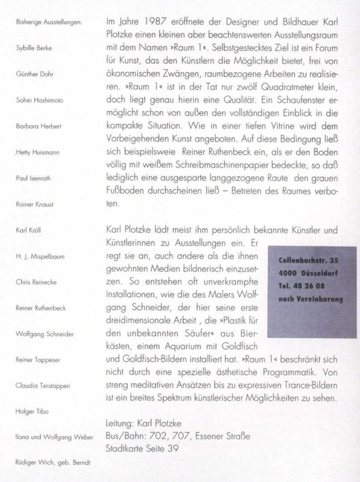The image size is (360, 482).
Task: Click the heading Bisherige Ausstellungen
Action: pyautogui.click(x=49, y=22)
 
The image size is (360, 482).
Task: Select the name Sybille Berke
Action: pyautogui.click(x=33, y=48)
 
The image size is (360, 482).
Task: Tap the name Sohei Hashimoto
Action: pyautogui.click(x=39, y=100)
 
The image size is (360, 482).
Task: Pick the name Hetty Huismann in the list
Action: pyautogui.click(x=38, y=152)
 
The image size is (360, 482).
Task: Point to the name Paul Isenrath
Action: pyautogui.click(x=33, y=178)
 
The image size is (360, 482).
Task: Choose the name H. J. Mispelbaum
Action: pyautogui.click(x=40, y=257)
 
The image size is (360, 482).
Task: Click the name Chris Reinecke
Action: pyautogui.click(x=36, y=283)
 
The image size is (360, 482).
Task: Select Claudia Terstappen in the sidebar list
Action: pyautogui.click(x=42, y=386)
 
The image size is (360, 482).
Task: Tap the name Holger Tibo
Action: pyautogui.click(x=32, y=411)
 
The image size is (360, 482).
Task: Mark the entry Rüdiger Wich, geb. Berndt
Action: pyautogui.click(x=53, y=463)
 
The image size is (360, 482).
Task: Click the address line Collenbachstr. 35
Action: pyautogui.click(x=308, y=260)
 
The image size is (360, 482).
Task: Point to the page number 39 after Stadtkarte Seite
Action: pyautogui.click(x=172, y=449)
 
